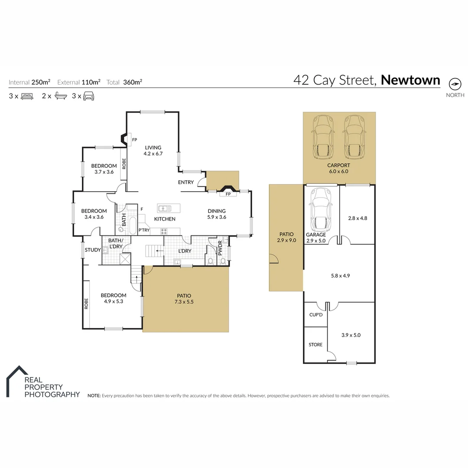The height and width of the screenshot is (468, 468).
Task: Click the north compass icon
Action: [455, 84]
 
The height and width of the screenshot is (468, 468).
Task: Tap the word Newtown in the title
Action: [410, 80]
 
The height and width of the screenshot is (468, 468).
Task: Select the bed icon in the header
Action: [26, 96]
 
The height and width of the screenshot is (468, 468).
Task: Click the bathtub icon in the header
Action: [60, 96]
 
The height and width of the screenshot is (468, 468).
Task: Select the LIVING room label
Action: [153, 147]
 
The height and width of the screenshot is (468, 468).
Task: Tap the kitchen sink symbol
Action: [165, 208]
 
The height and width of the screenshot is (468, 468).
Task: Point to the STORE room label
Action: [315, 345]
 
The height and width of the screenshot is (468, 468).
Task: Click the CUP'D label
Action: [315, 315]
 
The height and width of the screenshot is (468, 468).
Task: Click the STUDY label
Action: [93, 250]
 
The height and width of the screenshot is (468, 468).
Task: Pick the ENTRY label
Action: [186, 182]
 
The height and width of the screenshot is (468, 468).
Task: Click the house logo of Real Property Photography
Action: [16, 380]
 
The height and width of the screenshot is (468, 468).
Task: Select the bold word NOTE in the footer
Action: [94, 396]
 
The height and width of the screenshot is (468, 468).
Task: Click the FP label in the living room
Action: [134, 140]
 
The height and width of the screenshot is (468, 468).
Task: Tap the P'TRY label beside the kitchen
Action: [144, 231]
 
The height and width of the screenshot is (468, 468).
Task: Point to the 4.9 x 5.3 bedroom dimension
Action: [114, 302]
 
